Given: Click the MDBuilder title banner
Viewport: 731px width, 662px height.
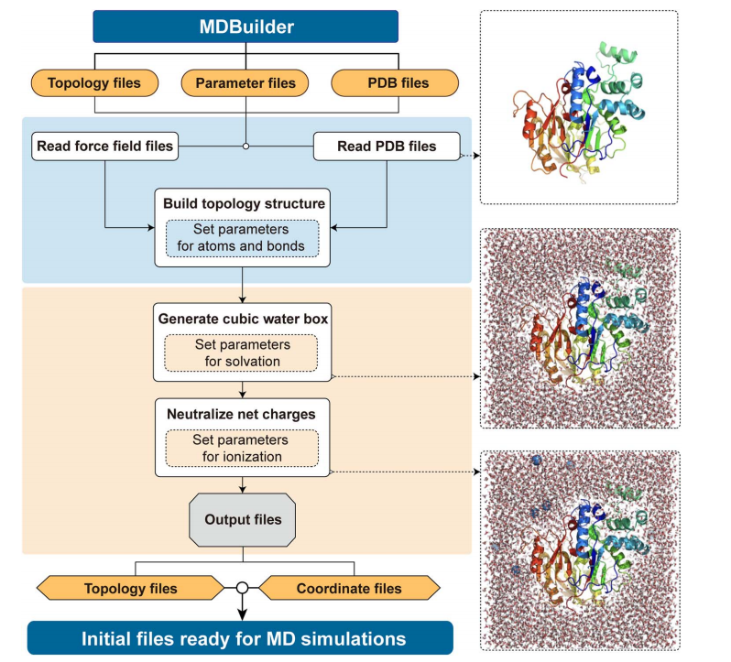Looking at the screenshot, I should (245, 27).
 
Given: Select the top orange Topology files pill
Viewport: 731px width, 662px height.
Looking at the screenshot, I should (94, 83).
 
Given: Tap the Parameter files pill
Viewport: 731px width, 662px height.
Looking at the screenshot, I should (245, 83).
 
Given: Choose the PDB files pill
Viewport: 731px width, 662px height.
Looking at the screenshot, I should (395, 83).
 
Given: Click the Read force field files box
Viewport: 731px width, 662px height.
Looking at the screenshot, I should (104, 146).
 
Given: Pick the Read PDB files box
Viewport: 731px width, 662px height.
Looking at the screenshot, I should (386, 146).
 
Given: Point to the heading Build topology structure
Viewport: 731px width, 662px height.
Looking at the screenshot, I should (243, 202).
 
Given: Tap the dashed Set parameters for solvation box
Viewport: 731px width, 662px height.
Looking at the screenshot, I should (241, 353).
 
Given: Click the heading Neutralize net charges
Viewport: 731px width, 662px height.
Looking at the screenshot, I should (242, 414).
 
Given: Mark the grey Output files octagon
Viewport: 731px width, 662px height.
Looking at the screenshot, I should (243, 520).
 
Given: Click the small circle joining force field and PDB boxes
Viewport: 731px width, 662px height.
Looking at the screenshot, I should (245, 146).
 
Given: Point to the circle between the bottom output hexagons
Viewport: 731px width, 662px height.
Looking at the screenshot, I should (243, 588).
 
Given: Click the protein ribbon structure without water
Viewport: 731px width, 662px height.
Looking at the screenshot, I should (577, 105).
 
